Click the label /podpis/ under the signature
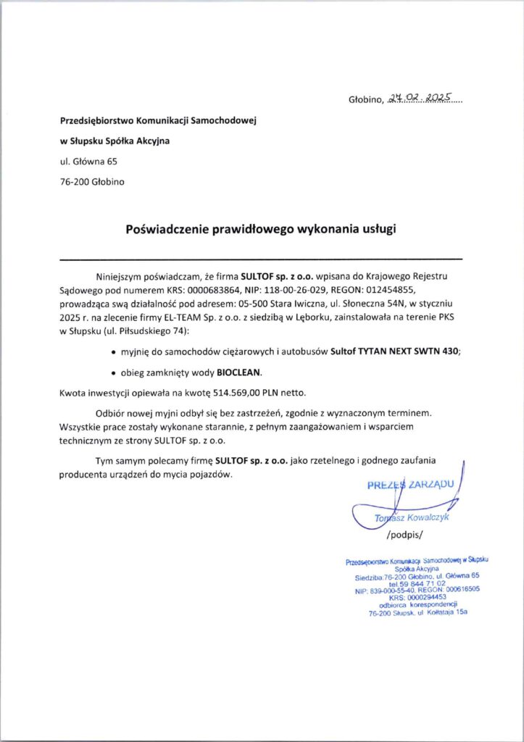click(404, 535)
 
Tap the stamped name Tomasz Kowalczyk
click(412, 519)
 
